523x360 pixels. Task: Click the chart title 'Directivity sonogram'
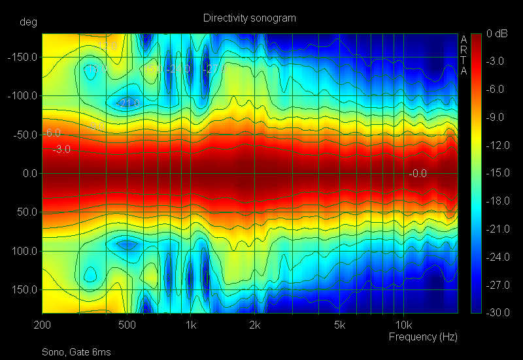[x=250, y=18]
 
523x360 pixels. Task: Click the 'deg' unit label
[x=28, y=22]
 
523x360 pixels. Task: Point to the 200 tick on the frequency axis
[x=42, y=325]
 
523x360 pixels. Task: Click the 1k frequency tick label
[x=190, y=325]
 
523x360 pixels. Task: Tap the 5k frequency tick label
[x=339, y=325]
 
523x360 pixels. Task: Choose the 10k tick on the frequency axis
[x=403, y=325]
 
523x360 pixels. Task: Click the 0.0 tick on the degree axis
[x=27, y=174]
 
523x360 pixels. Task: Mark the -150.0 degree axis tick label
[x=24, y=57]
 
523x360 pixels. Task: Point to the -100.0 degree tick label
[x=24, y=96]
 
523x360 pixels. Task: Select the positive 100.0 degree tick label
[x=25, y=251]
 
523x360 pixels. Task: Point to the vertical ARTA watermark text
[x=464, y=55]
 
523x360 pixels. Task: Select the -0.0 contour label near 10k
[x=418, y=173]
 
